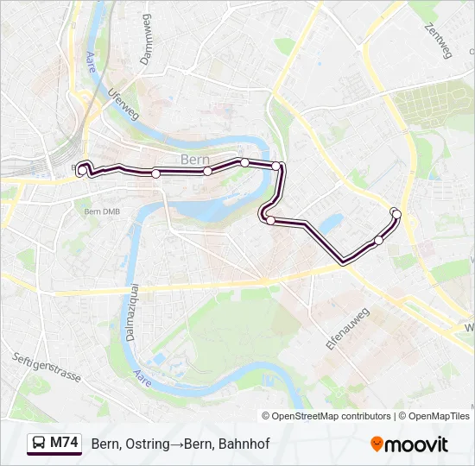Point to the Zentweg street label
[x=439, y=41]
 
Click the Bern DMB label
[x=103, y=211]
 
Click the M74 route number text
[x=64, y=444]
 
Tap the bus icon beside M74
[x=39, y=444]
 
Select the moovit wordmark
[x=417, y=444]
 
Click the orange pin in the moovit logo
[x=377, y=444]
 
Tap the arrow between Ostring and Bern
[x=177, y=444]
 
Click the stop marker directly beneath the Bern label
[x=207, y=172]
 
